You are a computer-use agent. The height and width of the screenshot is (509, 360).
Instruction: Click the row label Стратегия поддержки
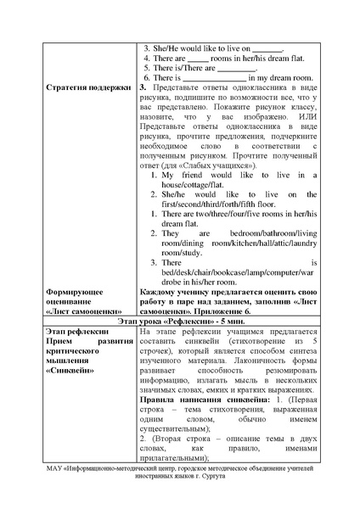click(x=87, y=87)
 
